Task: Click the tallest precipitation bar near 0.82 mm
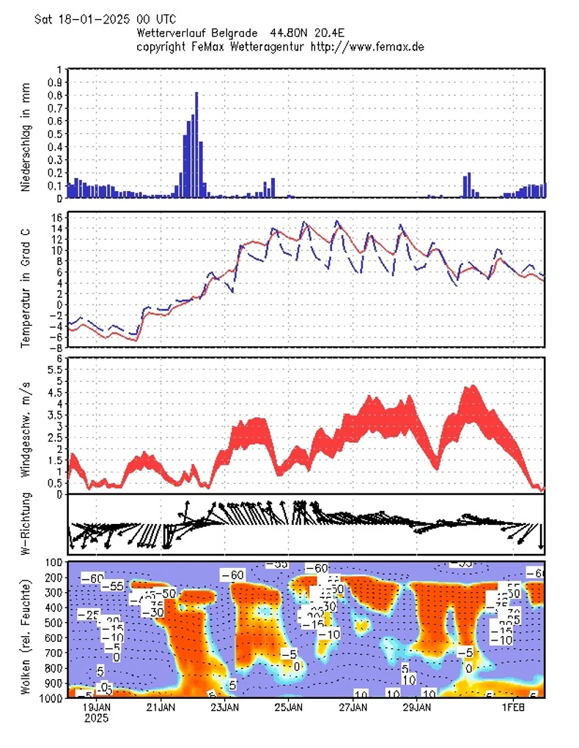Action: [196, 143]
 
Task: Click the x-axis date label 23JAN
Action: [225, 708]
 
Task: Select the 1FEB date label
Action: [513, 708]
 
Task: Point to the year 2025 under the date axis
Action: [97, 719]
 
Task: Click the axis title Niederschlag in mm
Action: [25, 133]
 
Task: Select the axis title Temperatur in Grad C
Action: [25, 279]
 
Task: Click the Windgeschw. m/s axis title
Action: [25, 425]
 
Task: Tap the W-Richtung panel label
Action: [25, 524]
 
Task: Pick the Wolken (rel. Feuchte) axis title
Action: [25, 630]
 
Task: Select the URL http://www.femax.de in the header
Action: [368, 46]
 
